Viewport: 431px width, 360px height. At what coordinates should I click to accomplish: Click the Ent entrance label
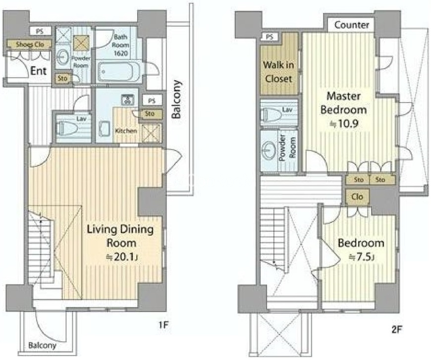pos(39,71)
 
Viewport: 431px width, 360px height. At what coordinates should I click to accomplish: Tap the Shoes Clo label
pos(30,44)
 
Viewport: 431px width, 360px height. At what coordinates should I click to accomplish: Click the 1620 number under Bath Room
pos(121,53)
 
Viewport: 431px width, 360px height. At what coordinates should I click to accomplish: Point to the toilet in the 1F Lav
pos(66,128)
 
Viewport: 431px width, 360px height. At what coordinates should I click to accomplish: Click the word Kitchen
pos(126,131)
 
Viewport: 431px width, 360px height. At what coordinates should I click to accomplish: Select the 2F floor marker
pos(397,329)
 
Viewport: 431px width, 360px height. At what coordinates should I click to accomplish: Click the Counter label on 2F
pos(352,25)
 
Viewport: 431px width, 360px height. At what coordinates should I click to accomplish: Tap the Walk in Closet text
pos(278,72)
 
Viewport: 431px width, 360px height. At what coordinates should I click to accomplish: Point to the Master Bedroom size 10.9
pos(344,124)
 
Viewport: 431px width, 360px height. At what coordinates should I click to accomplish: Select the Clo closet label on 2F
pos(357,197)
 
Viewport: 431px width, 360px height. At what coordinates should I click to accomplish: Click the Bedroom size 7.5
pos(361,257)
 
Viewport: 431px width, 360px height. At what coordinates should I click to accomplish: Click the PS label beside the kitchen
pos(152,101)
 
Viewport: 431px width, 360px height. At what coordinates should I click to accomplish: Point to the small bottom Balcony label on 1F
pos(42,345)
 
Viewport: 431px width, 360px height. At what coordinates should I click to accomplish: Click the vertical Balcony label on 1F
pos(177,99)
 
